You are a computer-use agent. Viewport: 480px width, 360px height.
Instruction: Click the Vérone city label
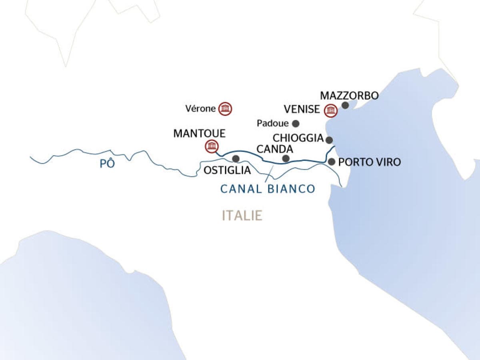(201, 108)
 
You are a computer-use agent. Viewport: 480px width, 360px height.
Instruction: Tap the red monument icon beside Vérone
(226, 108)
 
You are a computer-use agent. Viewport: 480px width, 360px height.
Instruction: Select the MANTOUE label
(199, 134)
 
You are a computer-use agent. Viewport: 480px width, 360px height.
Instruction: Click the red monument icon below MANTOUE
(211, 146)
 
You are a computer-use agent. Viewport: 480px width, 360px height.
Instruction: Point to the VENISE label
(302, 109)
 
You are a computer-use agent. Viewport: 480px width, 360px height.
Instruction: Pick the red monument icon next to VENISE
(330, 110)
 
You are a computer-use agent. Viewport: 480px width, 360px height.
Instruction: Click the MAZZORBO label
(350, 96)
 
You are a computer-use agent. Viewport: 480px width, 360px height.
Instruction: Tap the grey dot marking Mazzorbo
(345, 106)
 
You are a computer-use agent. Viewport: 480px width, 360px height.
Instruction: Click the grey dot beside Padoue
(296, 124)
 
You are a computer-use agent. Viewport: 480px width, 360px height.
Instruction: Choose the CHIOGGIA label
(298, 138)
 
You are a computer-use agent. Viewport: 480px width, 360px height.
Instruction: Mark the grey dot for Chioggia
(329, 140)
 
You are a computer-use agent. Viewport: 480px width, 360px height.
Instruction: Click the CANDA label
(275, 149)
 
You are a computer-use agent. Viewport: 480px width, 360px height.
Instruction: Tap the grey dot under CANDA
(286, 159)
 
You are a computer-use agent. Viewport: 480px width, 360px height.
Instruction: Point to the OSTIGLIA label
(227, 170)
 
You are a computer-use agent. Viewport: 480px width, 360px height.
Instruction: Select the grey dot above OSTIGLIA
(236, 159)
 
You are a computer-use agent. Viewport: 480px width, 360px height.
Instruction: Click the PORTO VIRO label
(369, 162)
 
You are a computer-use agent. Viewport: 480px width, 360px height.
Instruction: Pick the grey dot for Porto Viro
(331, 162)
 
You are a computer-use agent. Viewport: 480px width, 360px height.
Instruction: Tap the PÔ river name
(107, 164)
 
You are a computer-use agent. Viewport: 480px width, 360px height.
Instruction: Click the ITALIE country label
(242, 216)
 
